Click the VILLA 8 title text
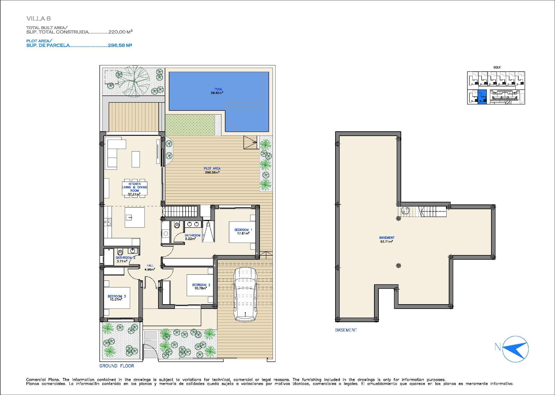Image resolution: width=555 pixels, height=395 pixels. coord(38,19)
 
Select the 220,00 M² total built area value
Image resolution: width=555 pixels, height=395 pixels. coord(120,32)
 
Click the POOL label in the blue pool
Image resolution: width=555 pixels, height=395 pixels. coord(218,89)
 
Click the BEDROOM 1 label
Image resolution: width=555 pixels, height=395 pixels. coord(243,230)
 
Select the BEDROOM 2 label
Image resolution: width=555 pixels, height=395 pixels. coord(201,285)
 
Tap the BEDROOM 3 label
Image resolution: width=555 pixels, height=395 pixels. coord(116,296)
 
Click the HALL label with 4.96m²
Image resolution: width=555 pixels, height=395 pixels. coord(150,267)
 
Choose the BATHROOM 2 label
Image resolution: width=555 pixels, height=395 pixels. coord(125,258)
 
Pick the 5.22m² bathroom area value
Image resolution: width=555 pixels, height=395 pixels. coord(190,239)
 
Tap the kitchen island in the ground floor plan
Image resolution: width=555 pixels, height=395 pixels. coord(135,217)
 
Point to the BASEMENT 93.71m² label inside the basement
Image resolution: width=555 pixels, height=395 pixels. coord(386,239)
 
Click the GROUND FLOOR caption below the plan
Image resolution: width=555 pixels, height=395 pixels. coord(117,366)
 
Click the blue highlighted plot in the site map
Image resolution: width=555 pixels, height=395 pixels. coord(482,97)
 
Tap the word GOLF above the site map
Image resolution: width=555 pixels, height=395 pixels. coord(497,67)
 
